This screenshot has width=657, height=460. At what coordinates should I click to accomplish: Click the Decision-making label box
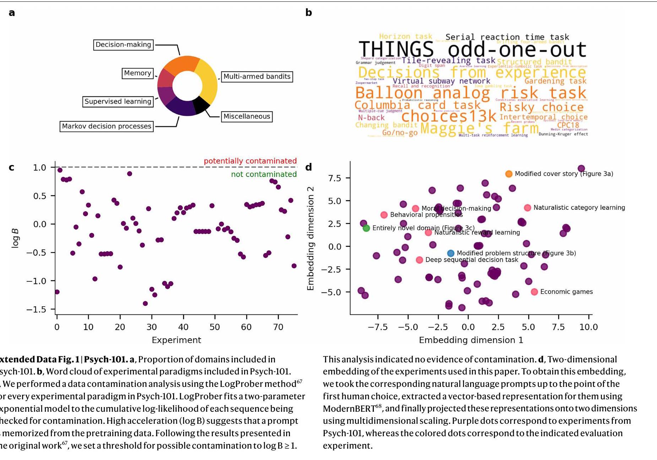click(123, 45)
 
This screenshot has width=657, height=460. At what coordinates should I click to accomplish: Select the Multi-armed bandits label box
click(257, 77)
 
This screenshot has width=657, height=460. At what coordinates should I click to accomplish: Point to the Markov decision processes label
click(107, 126)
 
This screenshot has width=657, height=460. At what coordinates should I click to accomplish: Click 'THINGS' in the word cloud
click(396, 49)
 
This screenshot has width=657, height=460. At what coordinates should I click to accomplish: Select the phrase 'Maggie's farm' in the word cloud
click(479, 128)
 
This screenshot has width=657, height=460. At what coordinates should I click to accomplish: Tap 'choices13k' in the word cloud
click(448, 116)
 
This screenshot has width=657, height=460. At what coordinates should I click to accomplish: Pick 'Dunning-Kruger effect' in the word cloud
click(563, 134)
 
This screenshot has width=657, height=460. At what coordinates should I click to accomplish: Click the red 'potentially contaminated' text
click(250, 161)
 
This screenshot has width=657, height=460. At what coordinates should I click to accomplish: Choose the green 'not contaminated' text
click(264, 174)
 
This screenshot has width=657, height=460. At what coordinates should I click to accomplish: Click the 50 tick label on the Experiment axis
click(215, 327)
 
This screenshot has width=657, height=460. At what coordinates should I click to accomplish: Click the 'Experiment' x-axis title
click(176, 340)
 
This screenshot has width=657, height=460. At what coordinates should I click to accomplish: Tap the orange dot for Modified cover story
click(509, 174)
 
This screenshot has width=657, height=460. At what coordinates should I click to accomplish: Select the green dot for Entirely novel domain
click(366, 228)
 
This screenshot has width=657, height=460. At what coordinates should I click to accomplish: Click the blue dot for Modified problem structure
click(451, 253)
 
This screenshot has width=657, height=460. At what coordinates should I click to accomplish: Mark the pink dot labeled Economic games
click(534, 292)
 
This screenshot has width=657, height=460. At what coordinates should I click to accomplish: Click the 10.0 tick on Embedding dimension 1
click(588, 327)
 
